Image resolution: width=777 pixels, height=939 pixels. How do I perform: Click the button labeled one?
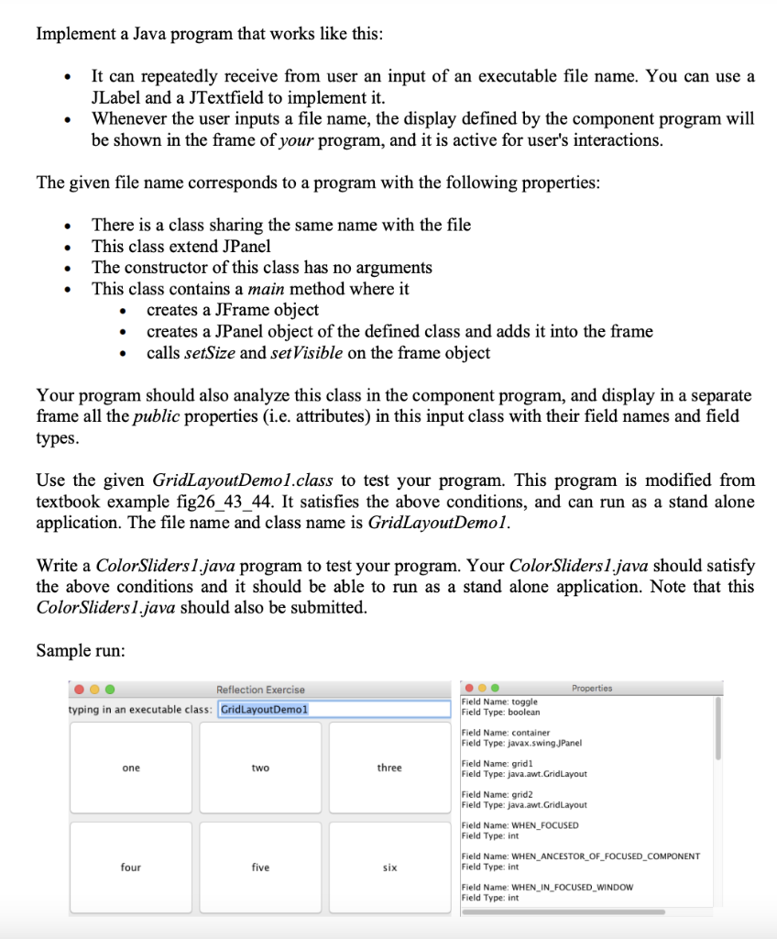click(131, 768)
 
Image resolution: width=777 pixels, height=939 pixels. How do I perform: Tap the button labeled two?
click(260, 768)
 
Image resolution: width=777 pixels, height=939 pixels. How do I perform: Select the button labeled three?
click(389, 768)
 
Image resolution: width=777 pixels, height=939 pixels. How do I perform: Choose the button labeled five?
click(260, 867)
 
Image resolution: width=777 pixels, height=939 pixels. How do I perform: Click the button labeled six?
click(389, 867)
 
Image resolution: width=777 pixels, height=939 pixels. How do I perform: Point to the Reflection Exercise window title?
click(260, 690)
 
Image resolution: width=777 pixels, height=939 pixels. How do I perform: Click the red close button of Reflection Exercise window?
click(81, 690)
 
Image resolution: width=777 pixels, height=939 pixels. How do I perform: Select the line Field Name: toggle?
click(499, 701)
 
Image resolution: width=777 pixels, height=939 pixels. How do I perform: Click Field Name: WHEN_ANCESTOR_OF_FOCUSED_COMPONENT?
click(580, 856)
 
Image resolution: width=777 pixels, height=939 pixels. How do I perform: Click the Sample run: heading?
click(81, 650)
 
